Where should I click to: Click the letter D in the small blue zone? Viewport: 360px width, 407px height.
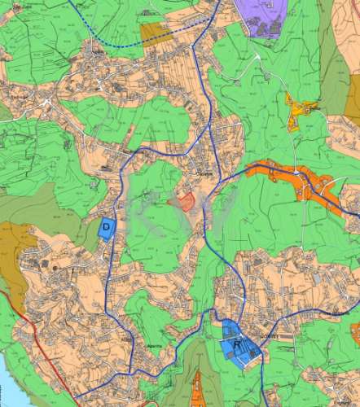coord(106,226)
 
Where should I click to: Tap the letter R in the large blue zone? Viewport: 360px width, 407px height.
coord(237,345)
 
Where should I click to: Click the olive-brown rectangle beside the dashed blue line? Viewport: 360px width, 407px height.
coord(154,33)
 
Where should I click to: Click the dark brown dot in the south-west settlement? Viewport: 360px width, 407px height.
coord(55,265)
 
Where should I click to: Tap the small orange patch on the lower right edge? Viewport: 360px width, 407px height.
coord(355,331)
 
